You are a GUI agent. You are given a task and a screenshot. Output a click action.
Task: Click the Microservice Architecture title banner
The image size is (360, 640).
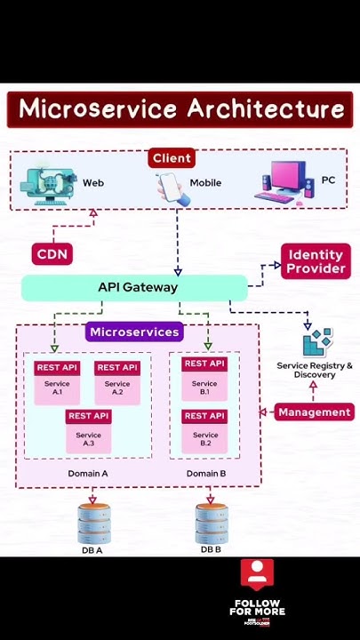click(180, 109)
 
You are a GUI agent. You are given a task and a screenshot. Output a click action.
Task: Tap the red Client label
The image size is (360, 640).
click(172, 158)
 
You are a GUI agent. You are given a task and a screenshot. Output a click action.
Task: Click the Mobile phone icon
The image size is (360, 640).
click(171, 188)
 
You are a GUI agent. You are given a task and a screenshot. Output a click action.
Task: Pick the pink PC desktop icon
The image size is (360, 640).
click(284, 183)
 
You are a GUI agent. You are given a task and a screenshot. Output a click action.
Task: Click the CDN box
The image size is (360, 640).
click(52, 254)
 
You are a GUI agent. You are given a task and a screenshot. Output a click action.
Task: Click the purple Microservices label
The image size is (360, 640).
click(134, 332)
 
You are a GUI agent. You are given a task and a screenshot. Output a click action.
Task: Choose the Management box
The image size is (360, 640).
click(314, 412)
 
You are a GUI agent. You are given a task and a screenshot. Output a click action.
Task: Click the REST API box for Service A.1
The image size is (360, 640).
click(57, 368)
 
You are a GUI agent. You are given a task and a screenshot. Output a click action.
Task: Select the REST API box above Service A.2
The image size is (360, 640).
click(117, 368)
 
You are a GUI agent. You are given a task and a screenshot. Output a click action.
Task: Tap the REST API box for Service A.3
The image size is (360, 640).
click(88, 416)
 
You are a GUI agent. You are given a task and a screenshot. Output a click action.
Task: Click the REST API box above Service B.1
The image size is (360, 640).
click(204, 364)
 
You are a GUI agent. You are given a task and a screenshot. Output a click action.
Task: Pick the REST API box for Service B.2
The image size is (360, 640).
click(204, 416)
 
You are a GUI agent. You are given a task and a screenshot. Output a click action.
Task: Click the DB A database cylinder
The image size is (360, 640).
click(92, 524)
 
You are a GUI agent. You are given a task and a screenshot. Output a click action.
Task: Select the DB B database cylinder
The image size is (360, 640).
click(211, 524)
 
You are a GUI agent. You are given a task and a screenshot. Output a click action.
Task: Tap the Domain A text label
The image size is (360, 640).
click(88, 474)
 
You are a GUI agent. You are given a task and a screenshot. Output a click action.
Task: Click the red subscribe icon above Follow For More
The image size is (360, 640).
click(257, 574)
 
